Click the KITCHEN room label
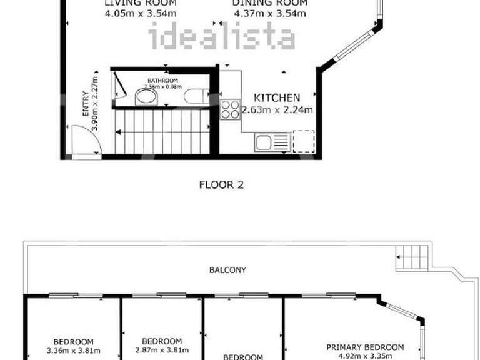(x=277, y=97)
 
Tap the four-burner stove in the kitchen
(x=230, y=109)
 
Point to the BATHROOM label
(x=163, y=81)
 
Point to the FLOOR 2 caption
(x=221, y=184)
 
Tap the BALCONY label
(x=227, y=270)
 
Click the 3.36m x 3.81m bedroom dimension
(x=73, y=351)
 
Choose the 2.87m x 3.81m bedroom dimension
(x=162, y=351)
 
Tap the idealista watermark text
(x=222, y=38)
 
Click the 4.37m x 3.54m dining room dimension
(x=270, y=12)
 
